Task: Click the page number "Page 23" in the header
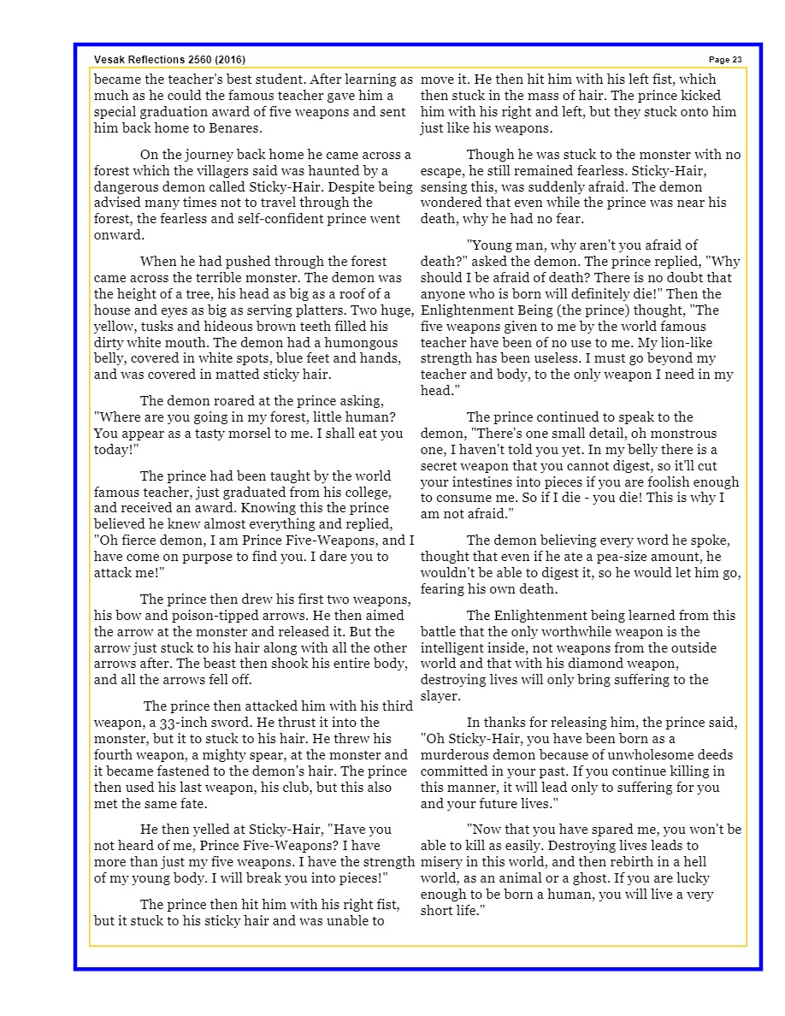tap(725, 60)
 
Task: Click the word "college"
tap(365, 493)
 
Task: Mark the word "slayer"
tap(440, 696)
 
